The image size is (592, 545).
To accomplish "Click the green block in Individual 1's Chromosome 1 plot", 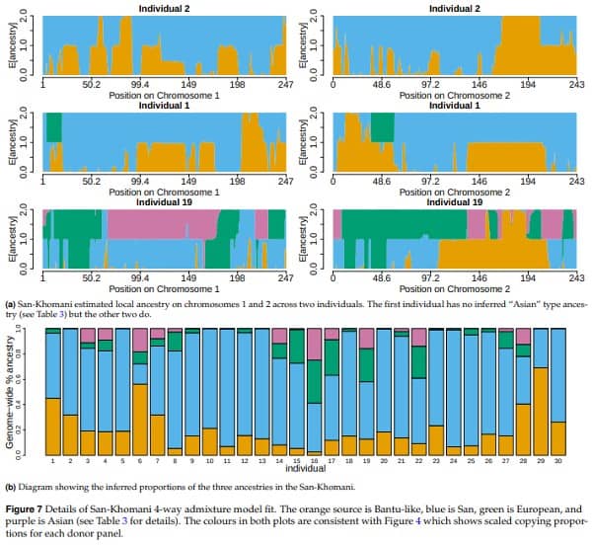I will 52,126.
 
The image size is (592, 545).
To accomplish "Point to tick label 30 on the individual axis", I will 557,462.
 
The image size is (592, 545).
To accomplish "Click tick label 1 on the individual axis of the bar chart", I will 52,462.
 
